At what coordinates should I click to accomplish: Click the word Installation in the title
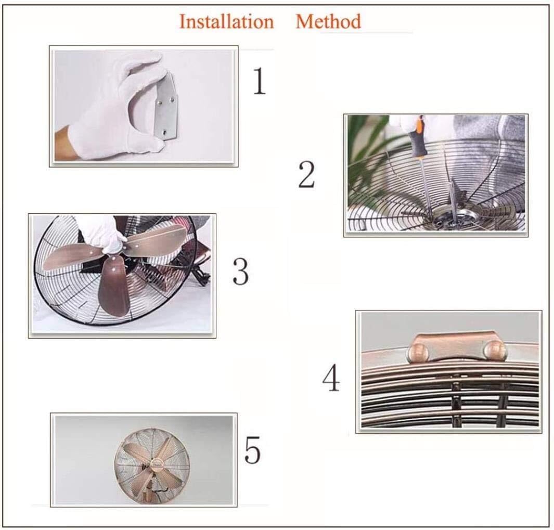tap(226, 22)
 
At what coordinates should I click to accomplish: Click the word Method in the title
tap(328, 22)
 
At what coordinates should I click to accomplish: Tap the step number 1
tap(259, 81)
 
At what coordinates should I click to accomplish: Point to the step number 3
tap(240, 271)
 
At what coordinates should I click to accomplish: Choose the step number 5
tap(252, 450)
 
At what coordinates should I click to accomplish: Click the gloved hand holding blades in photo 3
tap(101, 231)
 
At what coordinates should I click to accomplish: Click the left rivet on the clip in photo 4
tap(420, 350)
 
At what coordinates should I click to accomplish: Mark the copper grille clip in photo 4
tap(457, 346)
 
